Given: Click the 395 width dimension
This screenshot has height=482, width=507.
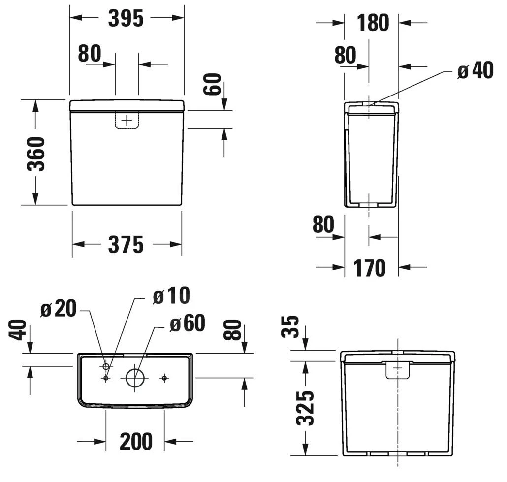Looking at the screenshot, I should click(x=126, y=18).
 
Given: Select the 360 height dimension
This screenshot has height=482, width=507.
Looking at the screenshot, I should click(x=36, y=154).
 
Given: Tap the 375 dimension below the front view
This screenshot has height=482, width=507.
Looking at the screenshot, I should click(x=126, y=245).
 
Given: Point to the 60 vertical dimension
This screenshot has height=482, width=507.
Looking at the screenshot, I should click(x=213, y=84).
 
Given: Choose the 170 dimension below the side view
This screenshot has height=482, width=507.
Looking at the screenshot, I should click(x=369, y=268).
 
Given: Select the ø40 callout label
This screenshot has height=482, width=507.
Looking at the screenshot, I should click(x=475, y=71).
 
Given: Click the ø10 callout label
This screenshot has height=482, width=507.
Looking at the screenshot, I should click(x=171, y=296).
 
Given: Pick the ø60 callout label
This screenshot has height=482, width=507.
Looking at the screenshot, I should click(x=187, y=324).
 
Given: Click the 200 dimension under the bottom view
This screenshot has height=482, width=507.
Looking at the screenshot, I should click(x=136, y=442).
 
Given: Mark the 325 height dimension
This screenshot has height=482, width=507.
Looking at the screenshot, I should click(x=306, y=408).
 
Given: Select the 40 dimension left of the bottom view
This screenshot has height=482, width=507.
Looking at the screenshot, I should click(x=18, y=330).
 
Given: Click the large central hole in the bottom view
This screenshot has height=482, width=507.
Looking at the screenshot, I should click(x=135, y=378).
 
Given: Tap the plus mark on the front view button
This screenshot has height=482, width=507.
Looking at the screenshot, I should click(x=127, y=120).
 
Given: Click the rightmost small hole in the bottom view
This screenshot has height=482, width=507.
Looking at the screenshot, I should click(x=164, y=378).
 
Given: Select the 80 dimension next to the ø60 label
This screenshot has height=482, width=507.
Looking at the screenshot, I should click(x=233, y=330).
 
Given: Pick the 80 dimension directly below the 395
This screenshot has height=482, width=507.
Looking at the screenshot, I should click(x=89, y=54).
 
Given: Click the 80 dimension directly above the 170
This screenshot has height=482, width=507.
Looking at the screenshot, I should click(x=323, y=225).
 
